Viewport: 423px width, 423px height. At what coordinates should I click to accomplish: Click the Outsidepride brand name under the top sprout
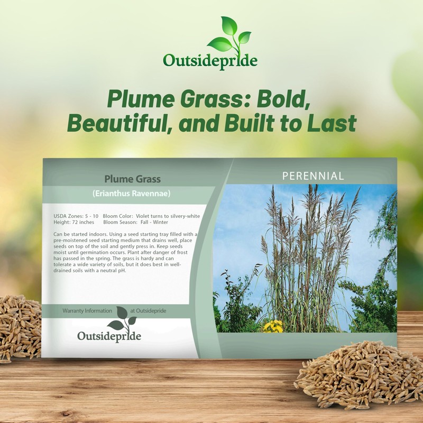[x=210, y=60]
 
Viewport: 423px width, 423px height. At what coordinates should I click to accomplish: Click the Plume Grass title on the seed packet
[x=132, y=179]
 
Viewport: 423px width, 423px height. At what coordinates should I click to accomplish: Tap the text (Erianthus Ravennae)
[x=131, y=194]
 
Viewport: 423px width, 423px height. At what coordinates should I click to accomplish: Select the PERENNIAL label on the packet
[x=313, y=176]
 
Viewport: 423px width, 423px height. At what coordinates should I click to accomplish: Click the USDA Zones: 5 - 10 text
[x=76, y=217]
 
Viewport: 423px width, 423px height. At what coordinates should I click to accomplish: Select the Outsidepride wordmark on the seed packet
[x=109, y=335]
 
